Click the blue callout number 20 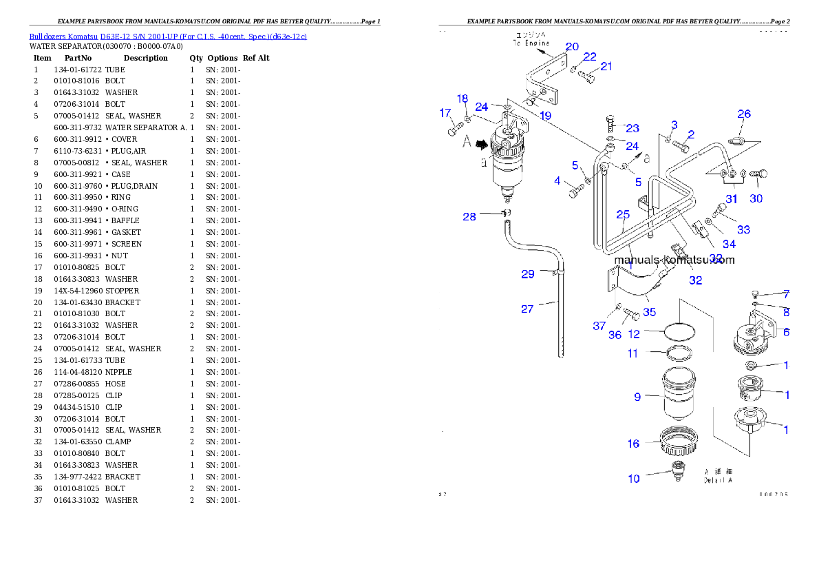coord(572,47)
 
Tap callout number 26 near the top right coord(744,114)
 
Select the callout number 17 coord(446,113)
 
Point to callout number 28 coord(469,217)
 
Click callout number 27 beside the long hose coord(527,309)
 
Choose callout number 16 coord(633,444)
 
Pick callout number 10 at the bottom coord(633,478)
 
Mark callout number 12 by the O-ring coord(634,334)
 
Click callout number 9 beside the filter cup coord(637,397)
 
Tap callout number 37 coord(599,326)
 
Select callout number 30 coord(756,199)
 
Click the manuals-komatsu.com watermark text coord(674,260)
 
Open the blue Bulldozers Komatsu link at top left coord(168,36)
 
